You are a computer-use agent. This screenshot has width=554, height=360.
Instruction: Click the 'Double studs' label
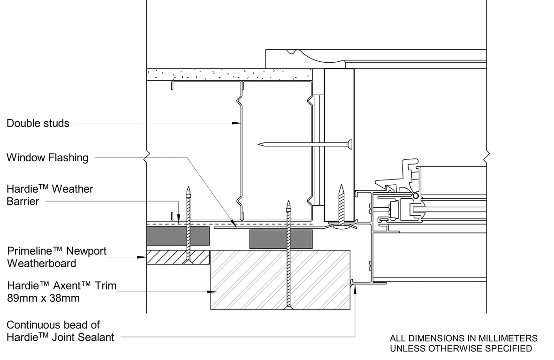[x=38, y=123]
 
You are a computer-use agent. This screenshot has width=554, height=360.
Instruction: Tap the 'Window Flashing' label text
[x=47, y=157]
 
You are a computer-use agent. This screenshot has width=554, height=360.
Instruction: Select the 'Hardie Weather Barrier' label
[x=50, y=195]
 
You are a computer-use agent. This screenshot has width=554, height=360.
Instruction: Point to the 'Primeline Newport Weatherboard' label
[x=57, y=257]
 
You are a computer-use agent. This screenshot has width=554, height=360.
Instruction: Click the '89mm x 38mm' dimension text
[x=43, y=298]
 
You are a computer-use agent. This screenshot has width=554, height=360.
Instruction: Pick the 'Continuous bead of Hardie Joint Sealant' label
[x=60, y=331]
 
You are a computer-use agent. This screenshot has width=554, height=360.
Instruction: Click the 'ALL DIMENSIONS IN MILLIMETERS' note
[x=463, y=338]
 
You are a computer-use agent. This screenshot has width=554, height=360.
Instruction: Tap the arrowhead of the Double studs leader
[x=237, y=123]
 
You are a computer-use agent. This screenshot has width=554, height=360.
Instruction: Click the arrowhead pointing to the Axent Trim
[x=212, y=292]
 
